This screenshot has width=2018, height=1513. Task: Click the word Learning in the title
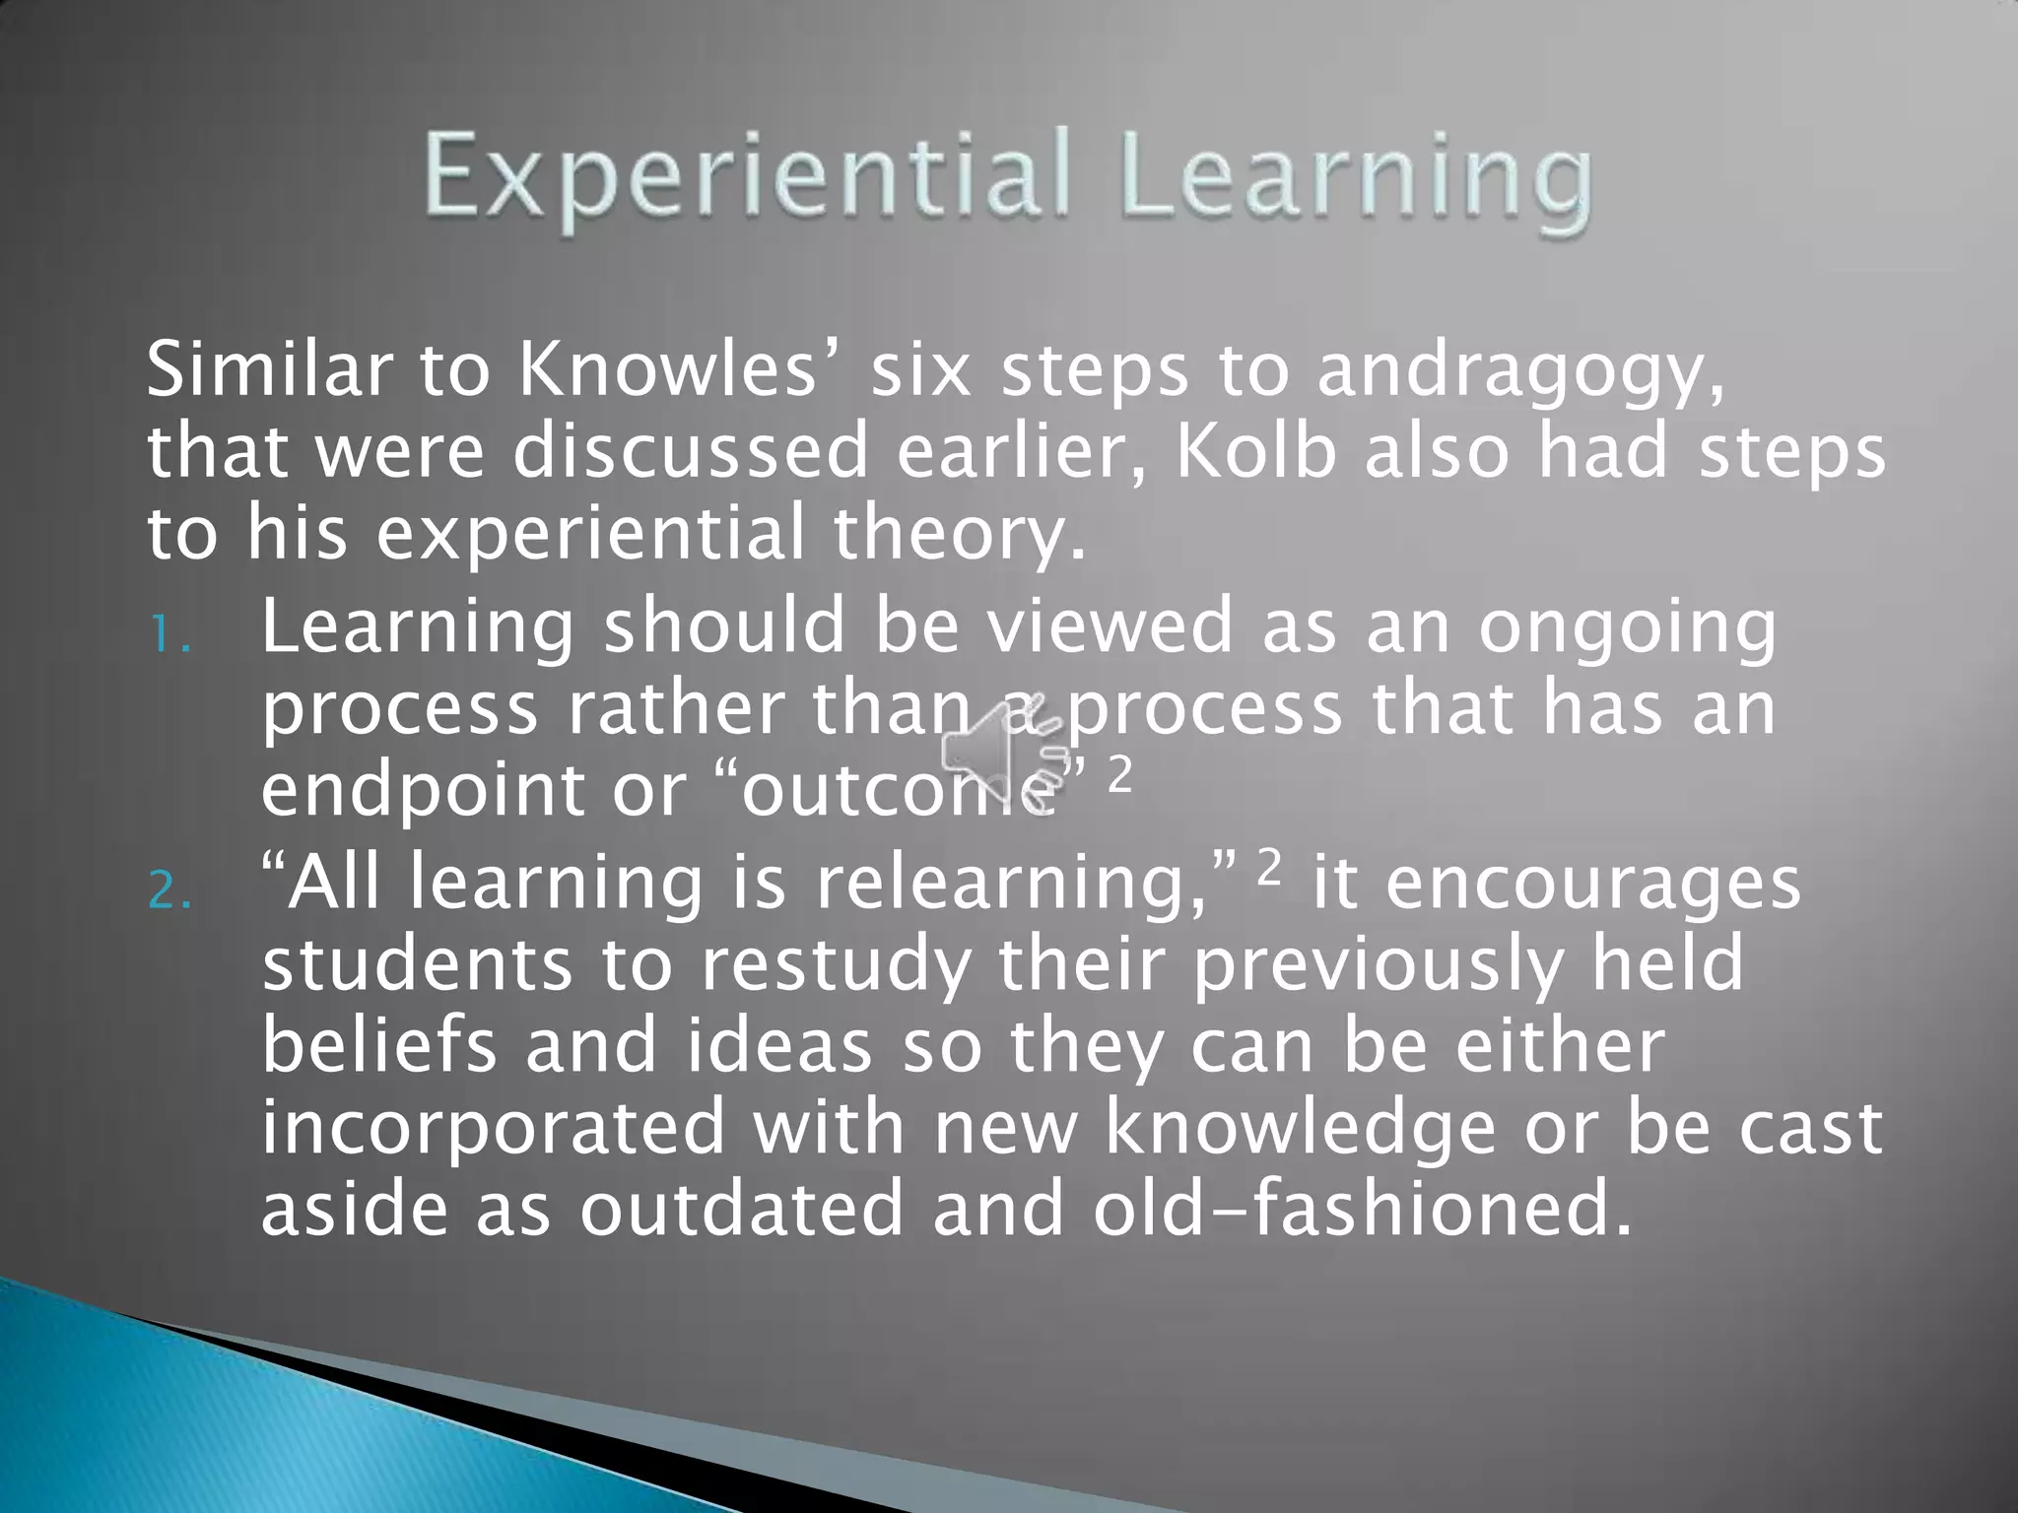1356,177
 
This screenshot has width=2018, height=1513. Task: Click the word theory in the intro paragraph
960,534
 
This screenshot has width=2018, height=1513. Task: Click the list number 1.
168,636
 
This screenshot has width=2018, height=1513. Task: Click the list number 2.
169,891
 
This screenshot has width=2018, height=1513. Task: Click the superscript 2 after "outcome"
1120,775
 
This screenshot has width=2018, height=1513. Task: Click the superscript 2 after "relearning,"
1270,867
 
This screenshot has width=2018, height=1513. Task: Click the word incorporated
493,1129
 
